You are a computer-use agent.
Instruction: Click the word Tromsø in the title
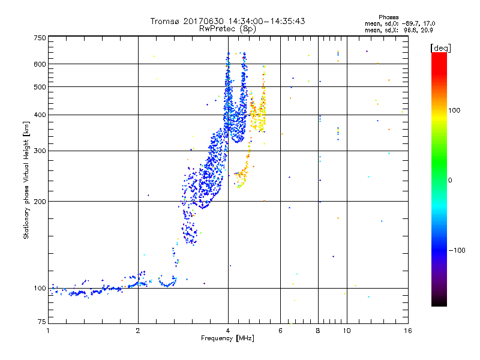pyautogui.click(x=165, y=21)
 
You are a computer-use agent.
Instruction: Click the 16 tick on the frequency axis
pyautogui.click(x=407, y=331)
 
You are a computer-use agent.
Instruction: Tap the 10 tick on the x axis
pyautogui.click(x=346, y=331)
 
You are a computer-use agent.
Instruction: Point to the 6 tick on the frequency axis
pyautogui.click(x=280, y=331)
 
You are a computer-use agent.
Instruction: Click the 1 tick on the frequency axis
pyautogui.click(x=48, y=331)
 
